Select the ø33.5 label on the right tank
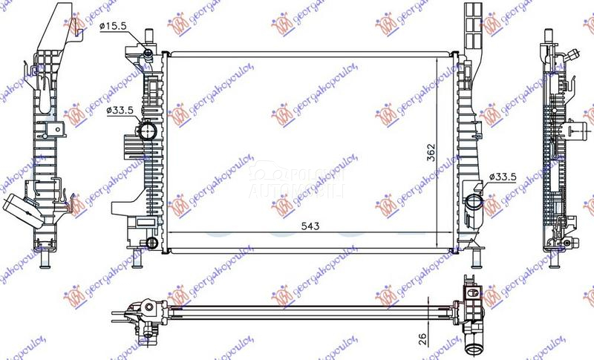503,176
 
